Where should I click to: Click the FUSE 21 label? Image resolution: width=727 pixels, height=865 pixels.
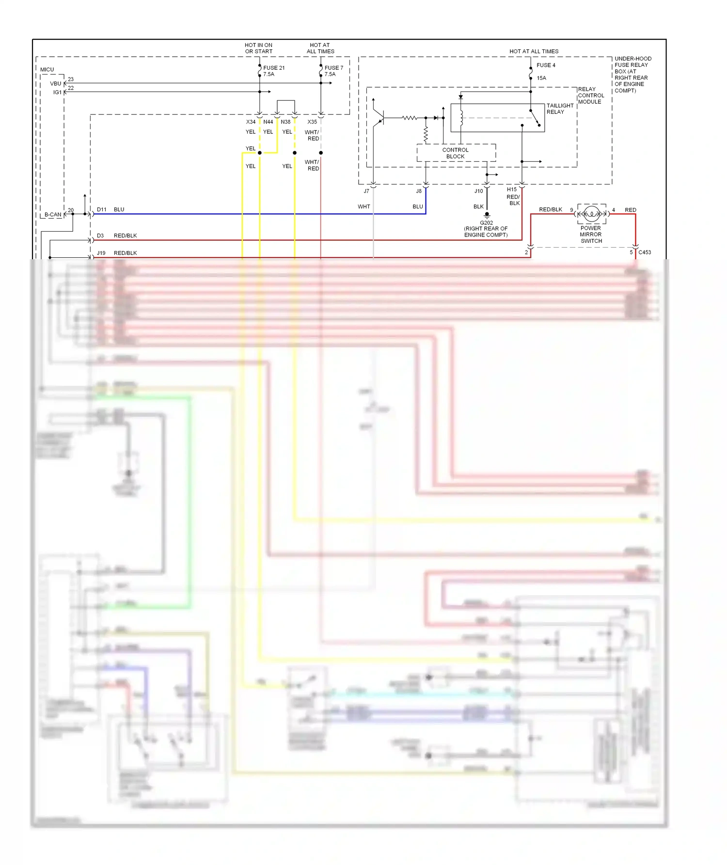[x=274, y=68]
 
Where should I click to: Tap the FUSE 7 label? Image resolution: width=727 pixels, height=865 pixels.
[x=333, y=68]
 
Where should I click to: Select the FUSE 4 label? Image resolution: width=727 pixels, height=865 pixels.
[x=546, y=65]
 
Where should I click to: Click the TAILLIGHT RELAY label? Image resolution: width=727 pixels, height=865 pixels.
[x=560, y=109]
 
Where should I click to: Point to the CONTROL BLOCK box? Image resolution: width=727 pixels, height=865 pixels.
[x=456, y=153]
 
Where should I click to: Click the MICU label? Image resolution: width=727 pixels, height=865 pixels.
[x=47, y=69]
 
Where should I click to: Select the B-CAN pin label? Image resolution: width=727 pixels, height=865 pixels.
[x=53, y=214]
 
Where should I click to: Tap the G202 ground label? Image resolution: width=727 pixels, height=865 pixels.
[x=486, y=223]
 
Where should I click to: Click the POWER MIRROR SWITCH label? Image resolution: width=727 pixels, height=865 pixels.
[x=591, y=235]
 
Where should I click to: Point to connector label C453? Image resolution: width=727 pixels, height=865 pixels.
[x=645, y=252]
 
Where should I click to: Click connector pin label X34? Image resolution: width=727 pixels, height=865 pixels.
[x=251, y=122]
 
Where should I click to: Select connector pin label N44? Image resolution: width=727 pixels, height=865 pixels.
[x=268, y=122]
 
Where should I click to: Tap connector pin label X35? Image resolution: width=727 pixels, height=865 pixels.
[x=312, y=122]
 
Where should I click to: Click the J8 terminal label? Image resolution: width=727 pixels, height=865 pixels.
[x=419, y=191]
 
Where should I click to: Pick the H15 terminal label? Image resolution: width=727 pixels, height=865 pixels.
[x=512, y=189]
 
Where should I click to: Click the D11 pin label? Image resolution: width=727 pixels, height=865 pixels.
[x=101, y=209]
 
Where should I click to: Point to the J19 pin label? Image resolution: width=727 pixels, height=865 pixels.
[x=101, y=253]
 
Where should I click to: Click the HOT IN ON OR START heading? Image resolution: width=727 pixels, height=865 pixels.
[x=258, y=48]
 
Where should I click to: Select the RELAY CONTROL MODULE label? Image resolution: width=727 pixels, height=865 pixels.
[x=591, y=95]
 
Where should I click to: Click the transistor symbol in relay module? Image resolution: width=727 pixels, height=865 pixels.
[x=379, y=117]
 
